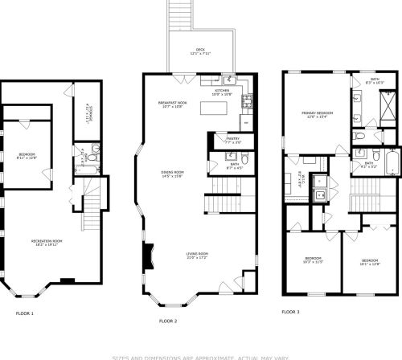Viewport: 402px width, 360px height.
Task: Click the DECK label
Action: [199, 51]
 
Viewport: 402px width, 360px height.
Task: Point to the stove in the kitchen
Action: [247, 101]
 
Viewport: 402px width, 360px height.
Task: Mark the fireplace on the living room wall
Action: [147, 259]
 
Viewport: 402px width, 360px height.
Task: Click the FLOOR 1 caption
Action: [24, 313]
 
